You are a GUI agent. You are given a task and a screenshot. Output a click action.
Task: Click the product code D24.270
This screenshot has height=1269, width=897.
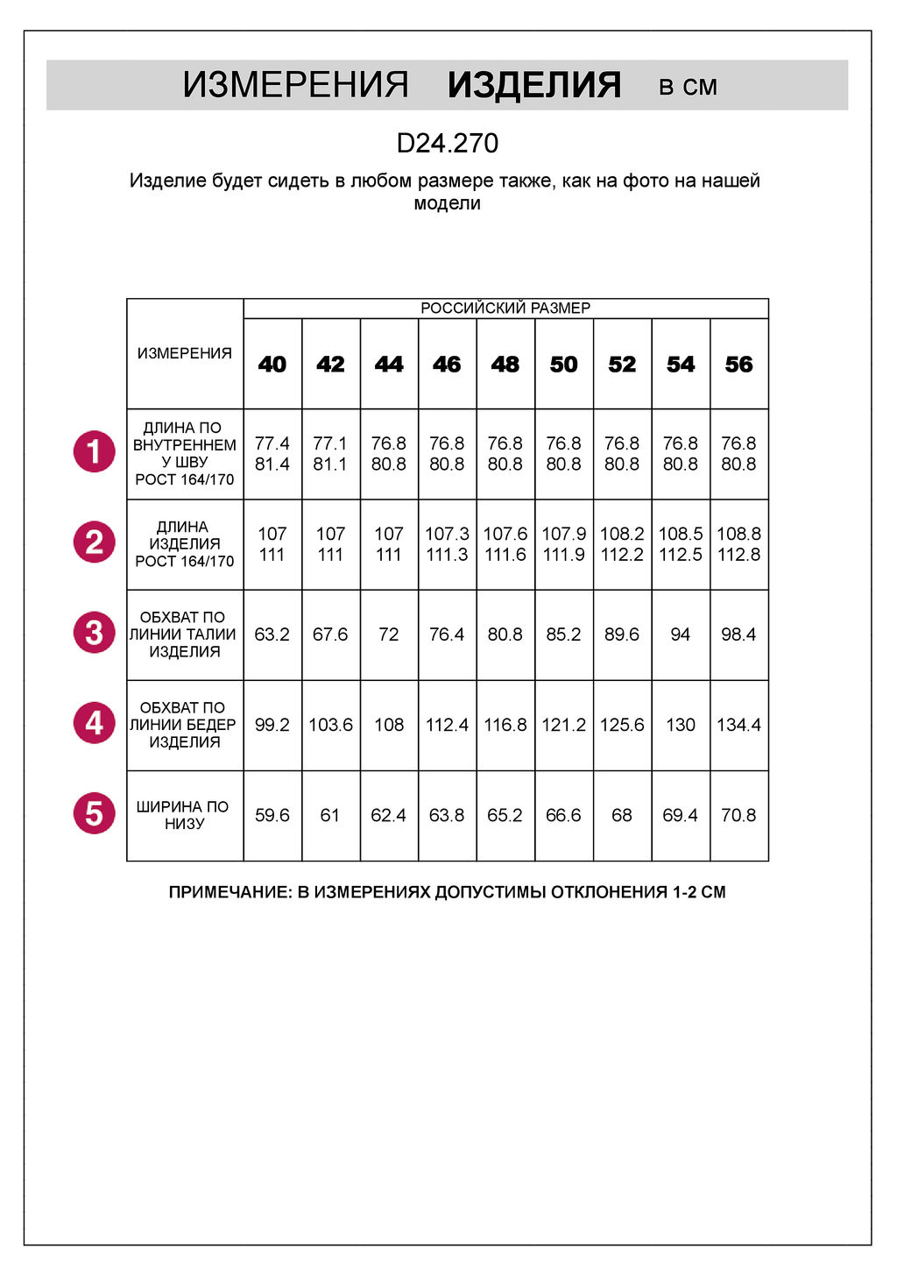[x=448, y=143]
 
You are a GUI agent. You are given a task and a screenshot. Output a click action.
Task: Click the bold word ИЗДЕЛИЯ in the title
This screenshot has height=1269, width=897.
[x=533, y=85]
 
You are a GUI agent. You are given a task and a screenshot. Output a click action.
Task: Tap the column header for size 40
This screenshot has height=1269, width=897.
[x=272, y=364]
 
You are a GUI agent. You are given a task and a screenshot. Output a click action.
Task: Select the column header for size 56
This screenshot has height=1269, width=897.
[x=738, y=364]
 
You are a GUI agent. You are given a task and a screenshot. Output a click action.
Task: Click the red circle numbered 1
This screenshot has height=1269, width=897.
[x=95, y=452]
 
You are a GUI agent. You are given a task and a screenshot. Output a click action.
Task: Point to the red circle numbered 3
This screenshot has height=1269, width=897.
[x=95, y=633]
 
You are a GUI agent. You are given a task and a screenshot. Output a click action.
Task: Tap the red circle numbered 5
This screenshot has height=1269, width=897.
[x=95, y=813]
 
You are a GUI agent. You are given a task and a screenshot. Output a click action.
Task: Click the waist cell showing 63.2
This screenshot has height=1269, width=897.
[x=272, y=634]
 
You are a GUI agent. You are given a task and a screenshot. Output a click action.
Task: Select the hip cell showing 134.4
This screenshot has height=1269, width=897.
[x=738, y=725]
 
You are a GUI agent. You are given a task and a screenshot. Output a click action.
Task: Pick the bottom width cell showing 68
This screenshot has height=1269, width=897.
[x=622, y=815]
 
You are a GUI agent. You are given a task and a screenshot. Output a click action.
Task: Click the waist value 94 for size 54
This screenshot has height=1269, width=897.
[x=681, y=634]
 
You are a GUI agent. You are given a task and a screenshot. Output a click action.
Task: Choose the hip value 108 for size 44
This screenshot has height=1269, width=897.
[x=389, y=725]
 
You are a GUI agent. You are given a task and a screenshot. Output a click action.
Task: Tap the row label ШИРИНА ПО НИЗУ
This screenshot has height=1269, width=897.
[x=184, y=815]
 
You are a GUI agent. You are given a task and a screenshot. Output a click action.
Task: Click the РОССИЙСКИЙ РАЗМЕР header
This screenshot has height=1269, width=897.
[x=505, y=308]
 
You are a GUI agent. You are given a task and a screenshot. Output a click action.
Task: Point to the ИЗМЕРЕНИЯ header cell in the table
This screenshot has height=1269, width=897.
[x=184, y=353]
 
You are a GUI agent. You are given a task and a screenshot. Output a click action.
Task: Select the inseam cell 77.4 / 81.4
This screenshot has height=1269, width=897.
[x=272, y=454]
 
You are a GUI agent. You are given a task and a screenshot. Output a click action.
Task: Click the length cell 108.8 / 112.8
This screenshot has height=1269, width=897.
[x=738, y=544]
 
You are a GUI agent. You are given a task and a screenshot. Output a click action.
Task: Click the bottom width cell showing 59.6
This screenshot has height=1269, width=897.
[x=272, y=815]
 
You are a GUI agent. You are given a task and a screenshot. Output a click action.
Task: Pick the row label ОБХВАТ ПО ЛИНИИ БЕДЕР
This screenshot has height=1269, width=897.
[x=184, y=725]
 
